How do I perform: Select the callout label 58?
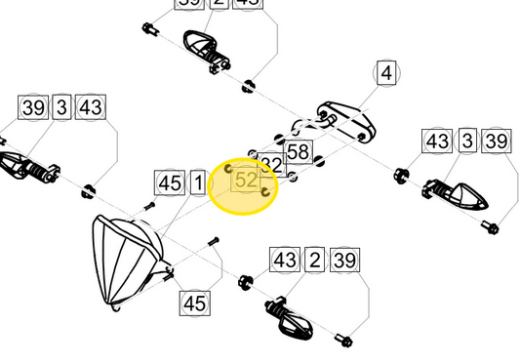point(298,151)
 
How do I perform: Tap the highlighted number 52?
point(246,180)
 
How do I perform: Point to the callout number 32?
point(270,164)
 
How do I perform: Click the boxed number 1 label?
point(197,182)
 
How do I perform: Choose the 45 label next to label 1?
point(170,182)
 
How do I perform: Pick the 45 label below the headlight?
point(195,303)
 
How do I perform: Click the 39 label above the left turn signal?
point(34,107)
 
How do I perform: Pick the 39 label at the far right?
point(497,142)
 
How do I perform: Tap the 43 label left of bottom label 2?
point(285,261)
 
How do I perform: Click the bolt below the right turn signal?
point(491,229)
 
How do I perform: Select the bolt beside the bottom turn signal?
point(342,341)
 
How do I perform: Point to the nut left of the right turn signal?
point(400,177)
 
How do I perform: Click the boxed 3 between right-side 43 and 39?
point(467,142)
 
